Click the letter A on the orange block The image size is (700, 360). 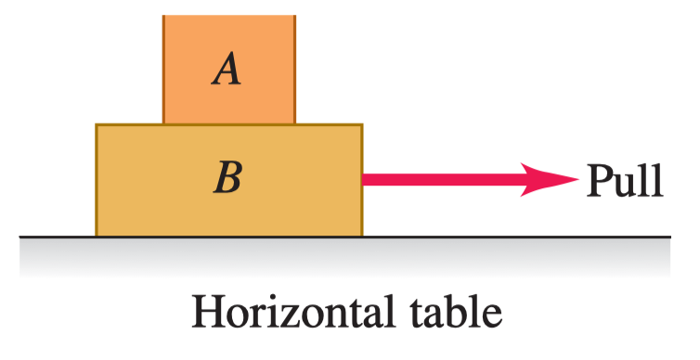click(227, 69)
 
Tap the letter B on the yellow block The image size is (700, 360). click(227, 177)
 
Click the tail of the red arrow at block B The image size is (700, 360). click(363, 179)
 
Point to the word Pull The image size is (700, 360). click(625, 180)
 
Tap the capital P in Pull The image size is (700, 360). click(599, 180)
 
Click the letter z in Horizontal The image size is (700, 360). click(293, 316)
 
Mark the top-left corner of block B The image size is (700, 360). click(97, 125)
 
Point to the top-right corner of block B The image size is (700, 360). click(362, 125)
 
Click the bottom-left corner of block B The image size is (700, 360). click(97, 236)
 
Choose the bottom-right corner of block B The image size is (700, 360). click(362, 236)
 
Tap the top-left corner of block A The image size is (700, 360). click(163, 16)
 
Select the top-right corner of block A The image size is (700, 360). click(294, 16)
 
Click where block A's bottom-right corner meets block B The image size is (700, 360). click(294, 124)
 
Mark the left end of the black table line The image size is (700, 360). click(19, 237)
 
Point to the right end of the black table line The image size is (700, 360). click(670, 237)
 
